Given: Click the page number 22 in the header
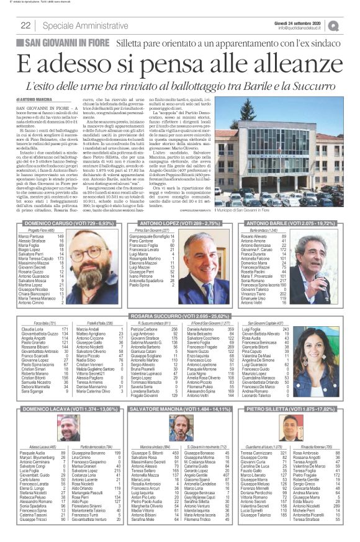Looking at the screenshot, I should (25, 25).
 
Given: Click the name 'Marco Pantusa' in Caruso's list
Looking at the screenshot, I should (32, 236).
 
